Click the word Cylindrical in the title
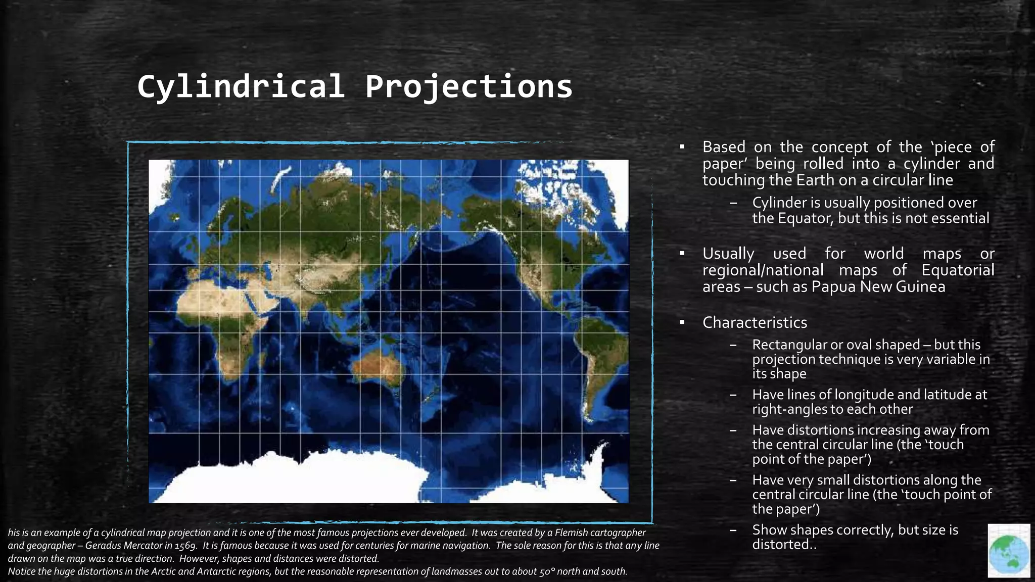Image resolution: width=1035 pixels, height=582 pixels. tap(241, 86)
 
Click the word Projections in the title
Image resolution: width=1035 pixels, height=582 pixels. tap(468, 86)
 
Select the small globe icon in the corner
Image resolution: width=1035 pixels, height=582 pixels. tap(1009, 551)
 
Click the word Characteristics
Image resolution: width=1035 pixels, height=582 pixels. tap(755, 322)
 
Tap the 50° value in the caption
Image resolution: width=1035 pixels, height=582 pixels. tap(545, 571)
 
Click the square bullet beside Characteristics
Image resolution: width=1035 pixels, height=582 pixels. tap(682, 322)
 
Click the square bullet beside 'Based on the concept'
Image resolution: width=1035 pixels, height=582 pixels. tap(682, 147)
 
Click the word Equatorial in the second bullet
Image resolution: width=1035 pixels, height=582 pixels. tap(958, 270)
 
